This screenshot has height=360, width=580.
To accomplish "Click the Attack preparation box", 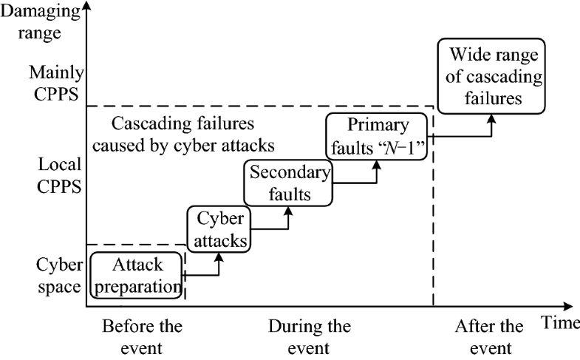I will click(137, 275).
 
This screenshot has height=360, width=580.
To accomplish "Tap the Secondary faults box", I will click(288, 184).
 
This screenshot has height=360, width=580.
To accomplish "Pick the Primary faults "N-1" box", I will click(376, 135).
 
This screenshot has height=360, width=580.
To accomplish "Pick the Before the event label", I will click(142, 337).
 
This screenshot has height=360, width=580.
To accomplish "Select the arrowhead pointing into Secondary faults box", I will click(289, 211).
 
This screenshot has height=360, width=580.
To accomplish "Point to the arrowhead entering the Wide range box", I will click(491, 118).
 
